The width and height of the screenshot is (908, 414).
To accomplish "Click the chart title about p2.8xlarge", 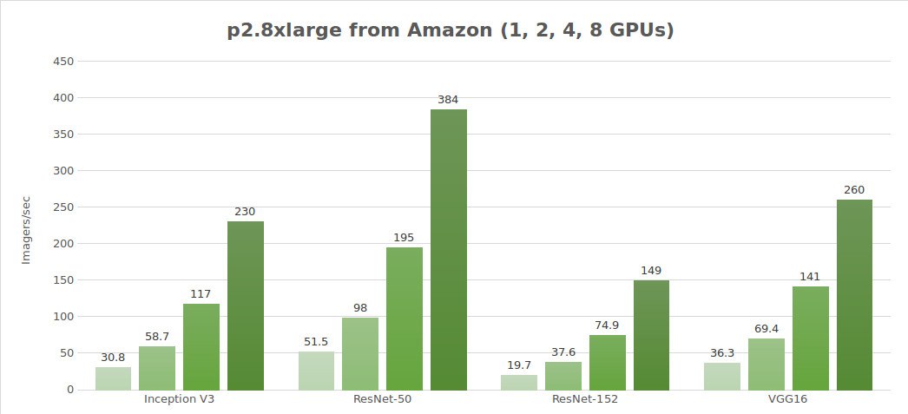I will click(450, 30).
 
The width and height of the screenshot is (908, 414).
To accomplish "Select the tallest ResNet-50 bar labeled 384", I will click(448, 249).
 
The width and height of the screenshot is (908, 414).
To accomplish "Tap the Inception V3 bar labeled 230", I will click(246, 306).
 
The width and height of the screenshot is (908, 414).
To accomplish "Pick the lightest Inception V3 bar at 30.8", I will click(113, 378).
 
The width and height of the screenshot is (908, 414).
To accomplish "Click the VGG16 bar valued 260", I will click(854, 294).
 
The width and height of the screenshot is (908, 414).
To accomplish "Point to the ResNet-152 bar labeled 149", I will click(651, 335).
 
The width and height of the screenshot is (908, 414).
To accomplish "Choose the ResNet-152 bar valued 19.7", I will click(519, 382).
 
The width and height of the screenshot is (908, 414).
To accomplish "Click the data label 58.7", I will click(157, 334).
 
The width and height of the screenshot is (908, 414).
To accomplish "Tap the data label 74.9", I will click(607, 325).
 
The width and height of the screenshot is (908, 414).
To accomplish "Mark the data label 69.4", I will click(767, 328).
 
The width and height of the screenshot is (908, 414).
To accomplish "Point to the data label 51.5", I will click(316, 341).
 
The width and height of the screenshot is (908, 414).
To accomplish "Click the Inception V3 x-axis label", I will click(180, 401).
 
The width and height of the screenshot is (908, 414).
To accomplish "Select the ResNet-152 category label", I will click(585, 401).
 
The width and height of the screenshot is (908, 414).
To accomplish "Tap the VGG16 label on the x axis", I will click(788, 401).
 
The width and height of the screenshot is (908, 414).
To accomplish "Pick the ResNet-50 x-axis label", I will click(383, 401).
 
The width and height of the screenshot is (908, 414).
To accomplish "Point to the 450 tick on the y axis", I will click(63, 62).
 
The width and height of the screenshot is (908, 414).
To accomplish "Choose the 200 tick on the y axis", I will click(63, 244).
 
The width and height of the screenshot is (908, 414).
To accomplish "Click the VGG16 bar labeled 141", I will click(810, 338).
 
